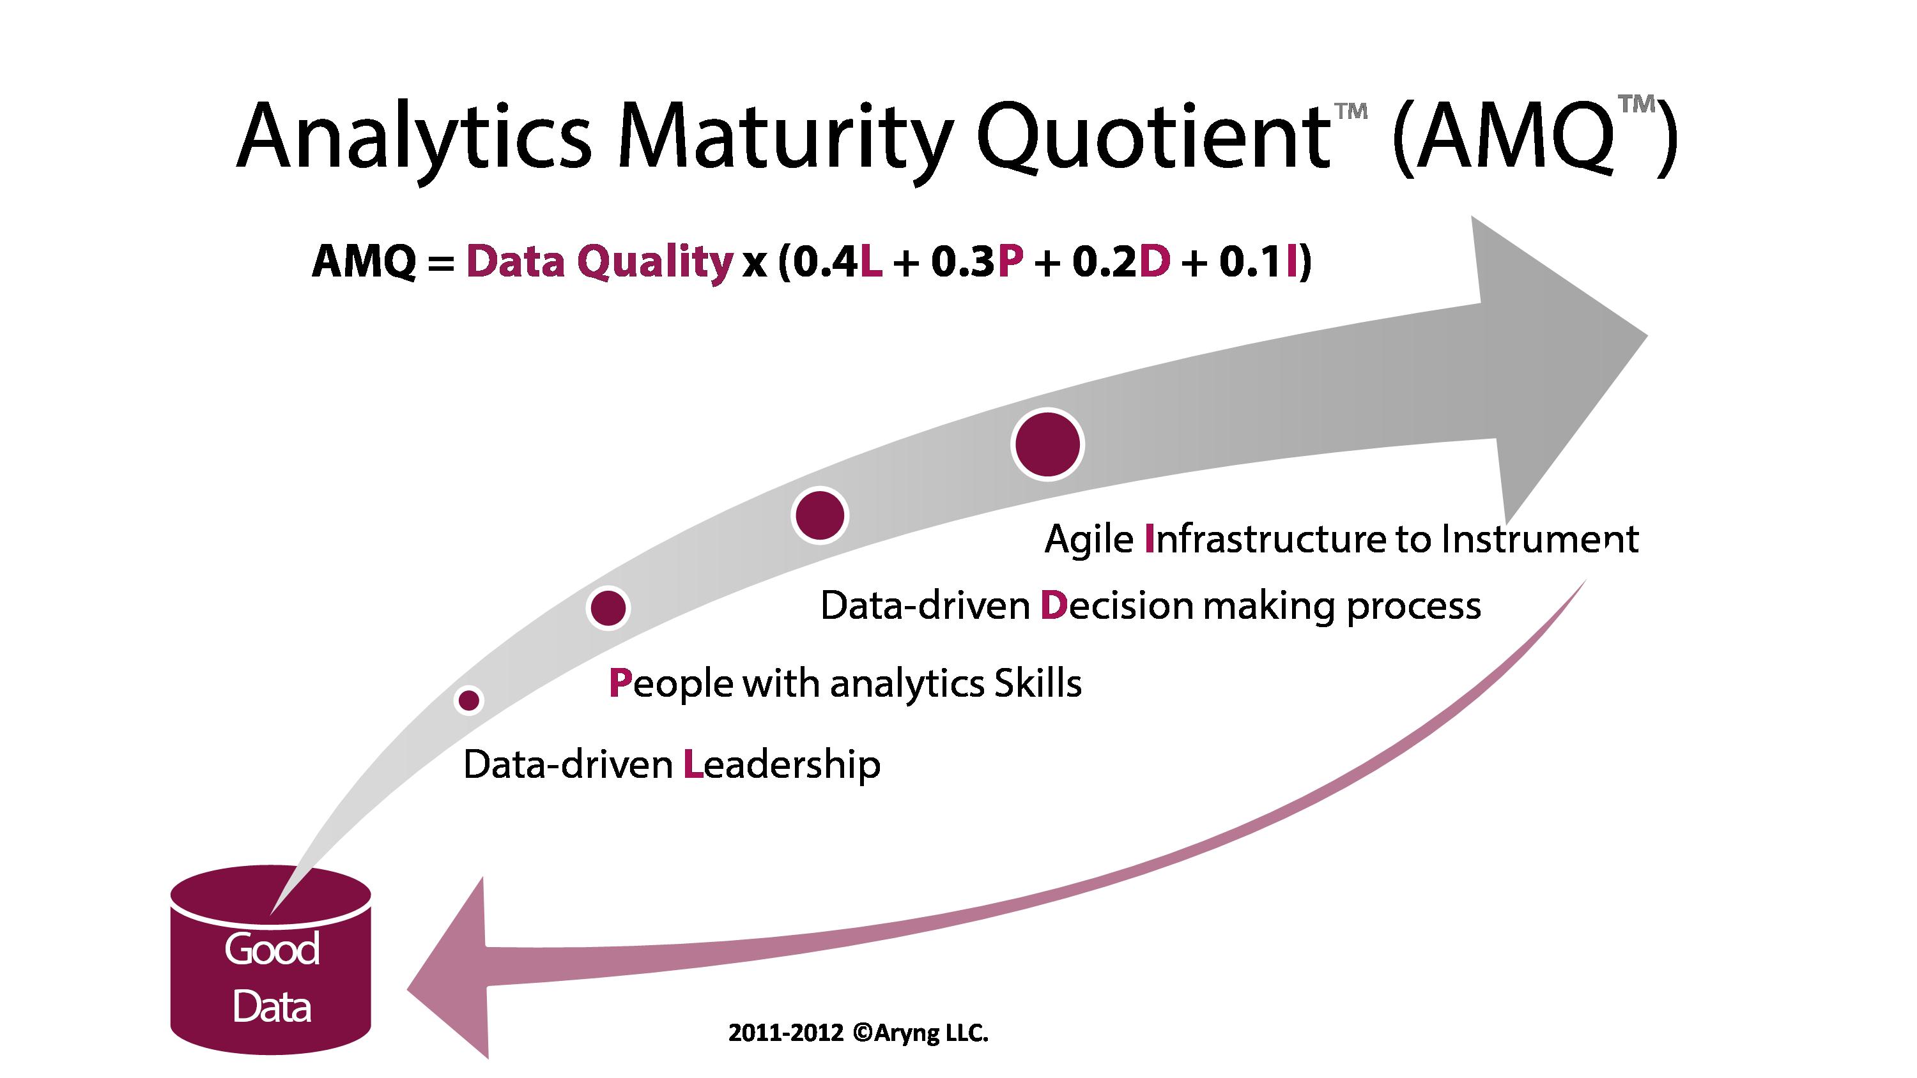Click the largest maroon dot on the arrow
pyautogui.click(x=1047, y=444)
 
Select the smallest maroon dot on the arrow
pyautogui.click(x=468, y=700)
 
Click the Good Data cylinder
pyautogui.click(x=271, y=960)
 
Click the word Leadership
pyautogui.click(x=781, y=766)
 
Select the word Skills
pyautogui.click(x=1038, y=683)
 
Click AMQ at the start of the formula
pyautogui.click(x=365, y=262)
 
